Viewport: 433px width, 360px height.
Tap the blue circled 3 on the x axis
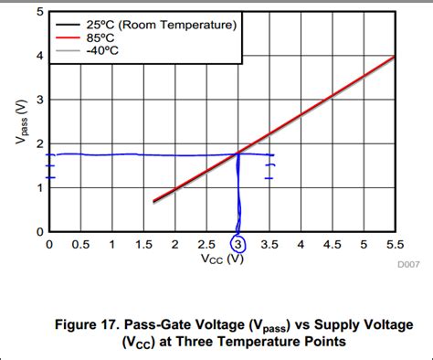point(238,245)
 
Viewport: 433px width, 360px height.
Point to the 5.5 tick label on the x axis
point(395,245)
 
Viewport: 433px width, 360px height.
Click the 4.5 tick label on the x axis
point(332,245)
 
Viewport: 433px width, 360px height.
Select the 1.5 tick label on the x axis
point(143,245)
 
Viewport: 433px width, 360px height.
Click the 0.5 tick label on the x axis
point(80,245)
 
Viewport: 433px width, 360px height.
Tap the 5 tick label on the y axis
point(38,12)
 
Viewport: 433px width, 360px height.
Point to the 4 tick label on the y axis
point(38,56)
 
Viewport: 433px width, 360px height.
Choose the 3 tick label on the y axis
point(38,100)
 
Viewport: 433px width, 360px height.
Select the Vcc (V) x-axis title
point(222,259)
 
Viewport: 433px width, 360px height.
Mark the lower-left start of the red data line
point(153,201)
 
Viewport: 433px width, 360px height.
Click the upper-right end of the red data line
point(394,57)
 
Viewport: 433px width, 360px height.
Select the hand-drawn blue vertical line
point(238,192)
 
